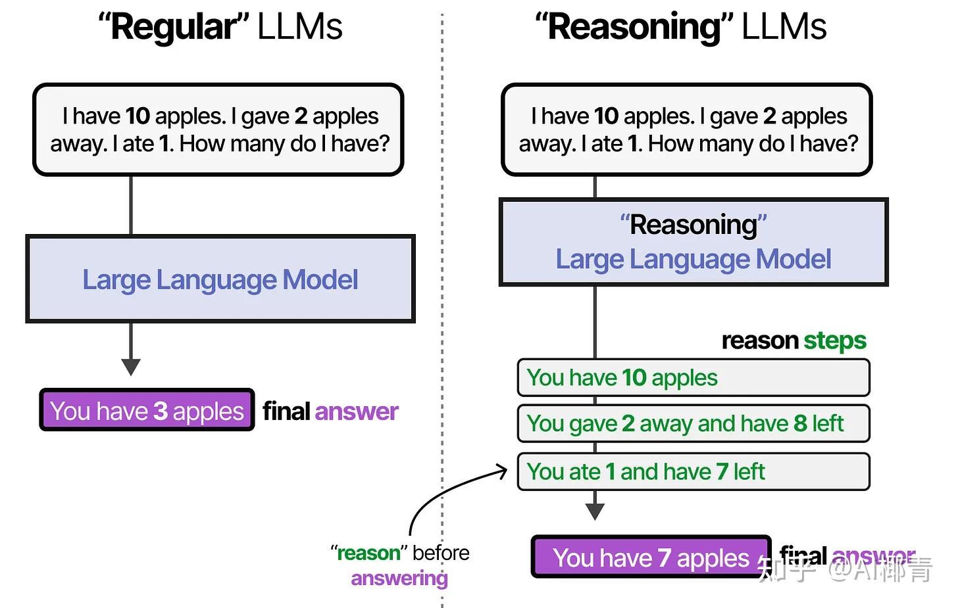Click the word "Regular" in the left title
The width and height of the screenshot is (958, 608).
coord(173,28)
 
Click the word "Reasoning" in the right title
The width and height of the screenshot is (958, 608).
coord(634,28)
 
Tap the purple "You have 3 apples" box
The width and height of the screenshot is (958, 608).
coord(147,411)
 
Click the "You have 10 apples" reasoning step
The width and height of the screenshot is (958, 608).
coord(693,378)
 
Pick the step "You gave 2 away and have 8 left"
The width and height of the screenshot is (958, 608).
coord(693,424)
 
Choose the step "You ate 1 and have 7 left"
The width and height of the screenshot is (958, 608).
coord(693,471)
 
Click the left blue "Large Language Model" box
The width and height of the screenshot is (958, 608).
coord(220,279)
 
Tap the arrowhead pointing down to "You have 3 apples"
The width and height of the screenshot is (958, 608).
coord(131,367)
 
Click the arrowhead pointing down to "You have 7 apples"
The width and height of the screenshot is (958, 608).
coord(595,511)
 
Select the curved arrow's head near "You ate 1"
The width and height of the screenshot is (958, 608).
coord(503,471)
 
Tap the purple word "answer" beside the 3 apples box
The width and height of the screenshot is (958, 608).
coord(356,411)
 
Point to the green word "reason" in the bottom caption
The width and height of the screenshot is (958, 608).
coord(368,553)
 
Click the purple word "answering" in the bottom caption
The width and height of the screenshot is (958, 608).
coord(399,578)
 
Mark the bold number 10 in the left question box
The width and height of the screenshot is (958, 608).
coord(138,116)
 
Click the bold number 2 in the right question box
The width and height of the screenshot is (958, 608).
coord(769,116)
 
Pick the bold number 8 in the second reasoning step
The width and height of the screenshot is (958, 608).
coord(800,424)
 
